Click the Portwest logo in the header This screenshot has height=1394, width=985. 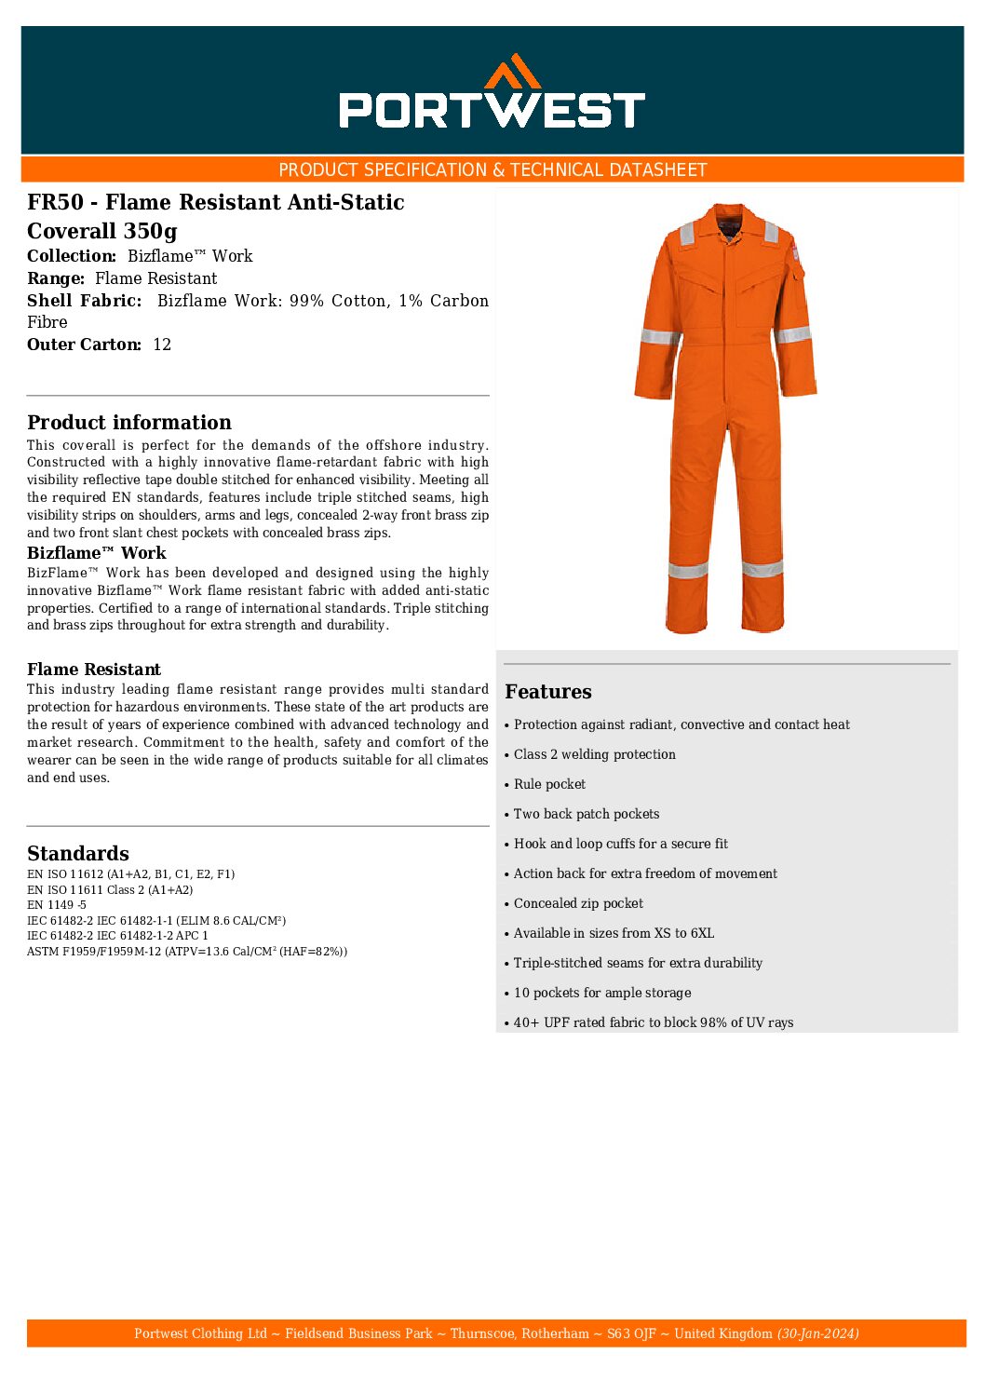[492, 93]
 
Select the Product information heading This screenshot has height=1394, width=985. [128, 422]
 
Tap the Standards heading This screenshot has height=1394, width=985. [78, 853]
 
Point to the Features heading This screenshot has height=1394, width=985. [547, 691]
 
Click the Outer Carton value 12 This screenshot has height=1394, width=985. [162, 345]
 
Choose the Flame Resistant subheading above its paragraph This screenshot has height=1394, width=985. [93, 670]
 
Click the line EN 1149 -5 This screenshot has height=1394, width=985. [57, 905]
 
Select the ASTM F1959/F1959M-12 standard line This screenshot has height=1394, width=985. [186, 952]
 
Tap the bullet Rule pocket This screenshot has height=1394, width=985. [549, 784]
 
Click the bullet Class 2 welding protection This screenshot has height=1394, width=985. [594, 754]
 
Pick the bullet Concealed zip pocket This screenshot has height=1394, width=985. [578, 903]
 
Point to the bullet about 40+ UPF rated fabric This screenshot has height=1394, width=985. [653, 1022]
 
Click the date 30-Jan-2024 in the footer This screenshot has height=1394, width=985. [817, 1333]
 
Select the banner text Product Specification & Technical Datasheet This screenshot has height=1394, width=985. [492, 169]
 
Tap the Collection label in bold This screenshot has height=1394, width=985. [72, 256]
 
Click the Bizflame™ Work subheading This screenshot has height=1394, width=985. [96, 553]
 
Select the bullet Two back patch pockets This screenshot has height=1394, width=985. [586, 814]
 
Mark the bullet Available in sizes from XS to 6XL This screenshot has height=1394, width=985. [614, 933]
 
